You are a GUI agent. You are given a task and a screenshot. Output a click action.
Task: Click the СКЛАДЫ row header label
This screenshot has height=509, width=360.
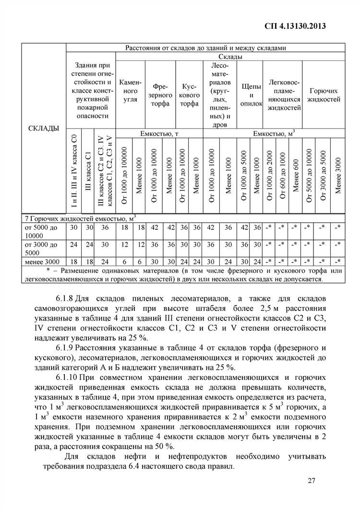[44, 128]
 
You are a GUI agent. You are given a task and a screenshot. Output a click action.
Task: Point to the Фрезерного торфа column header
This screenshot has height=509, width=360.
[160, 95]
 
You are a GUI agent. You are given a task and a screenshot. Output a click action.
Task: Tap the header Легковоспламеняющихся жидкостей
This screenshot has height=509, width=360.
[284, 95]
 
